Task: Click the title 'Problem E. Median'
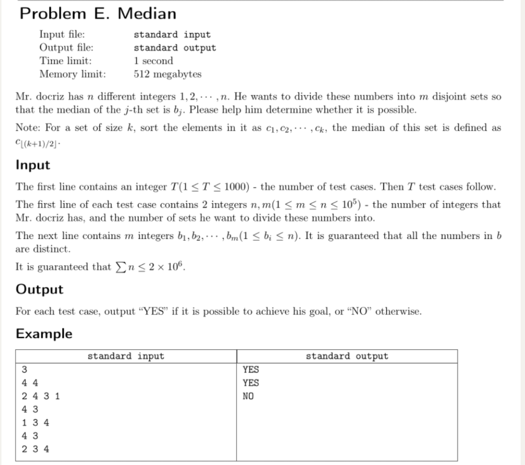pos(98,14)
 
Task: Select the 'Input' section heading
pos(33,165)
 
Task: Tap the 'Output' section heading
pos(40,289)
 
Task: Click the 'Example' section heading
pos(44,334)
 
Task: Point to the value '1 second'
pos(153,61)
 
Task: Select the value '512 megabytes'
pos(167,74)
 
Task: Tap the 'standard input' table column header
pos(126,356)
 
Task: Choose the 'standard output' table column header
pos(347,356)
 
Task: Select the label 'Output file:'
pos(66,48)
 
